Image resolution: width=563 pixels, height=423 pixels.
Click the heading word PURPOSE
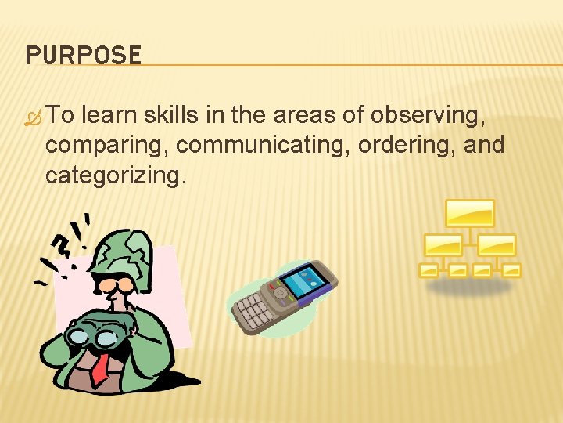click(83, 56)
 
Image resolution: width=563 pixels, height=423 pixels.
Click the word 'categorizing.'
click(117, 175)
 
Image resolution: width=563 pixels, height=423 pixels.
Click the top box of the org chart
click(470, 212)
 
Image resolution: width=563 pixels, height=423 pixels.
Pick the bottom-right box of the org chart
click(511, 270)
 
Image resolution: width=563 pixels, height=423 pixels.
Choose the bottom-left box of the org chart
click(429, 270)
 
